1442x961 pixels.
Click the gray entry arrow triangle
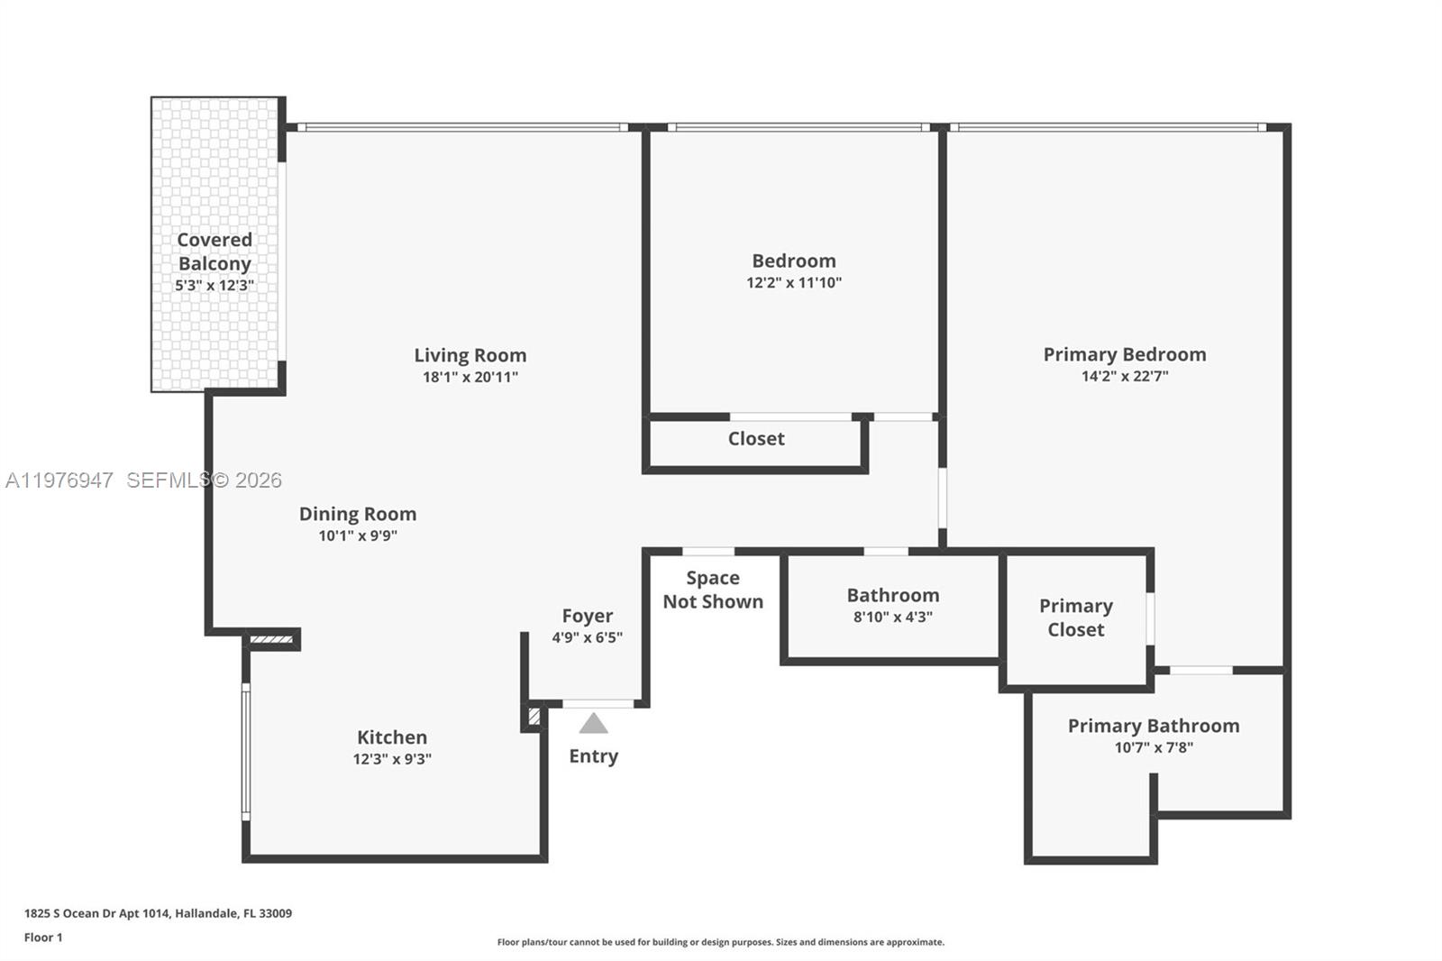click(x=593, y=724)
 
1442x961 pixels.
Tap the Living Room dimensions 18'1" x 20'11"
click(x=470, y=377)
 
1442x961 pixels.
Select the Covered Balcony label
click(x=214, y=252)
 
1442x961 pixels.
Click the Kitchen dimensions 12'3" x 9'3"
click(x=392, y=759)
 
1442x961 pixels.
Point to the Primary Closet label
click(x=1075, y=618)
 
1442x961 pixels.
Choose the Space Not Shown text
click(x=713, y=590)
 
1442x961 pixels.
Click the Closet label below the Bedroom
click(x=756, y=439)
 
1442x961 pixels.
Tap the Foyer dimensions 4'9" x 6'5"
click(x=587, y=637)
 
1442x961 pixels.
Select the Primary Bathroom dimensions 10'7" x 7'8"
click(x=1154, y=747)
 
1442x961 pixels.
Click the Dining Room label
click(x=358, y=514)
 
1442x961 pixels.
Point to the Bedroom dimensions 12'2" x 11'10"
click(x=794, y=282)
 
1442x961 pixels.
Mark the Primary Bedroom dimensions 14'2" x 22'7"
click(x=1125, y=376)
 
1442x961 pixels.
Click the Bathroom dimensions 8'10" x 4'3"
click(x=892, y=617)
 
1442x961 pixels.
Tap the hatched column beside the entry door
click(x=534, y=718)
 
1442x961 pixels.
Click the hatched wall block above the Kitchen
click(x=272, y=640)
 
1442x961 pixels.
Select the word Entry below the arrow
click(x=593, y=756)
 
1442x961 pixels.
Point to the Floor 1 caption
click(x=43, y=938)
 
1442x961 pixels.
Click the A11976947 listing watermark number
click(x=59, y=480)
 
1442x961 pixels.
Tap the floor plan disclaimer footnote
click(x=720, y=942)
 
